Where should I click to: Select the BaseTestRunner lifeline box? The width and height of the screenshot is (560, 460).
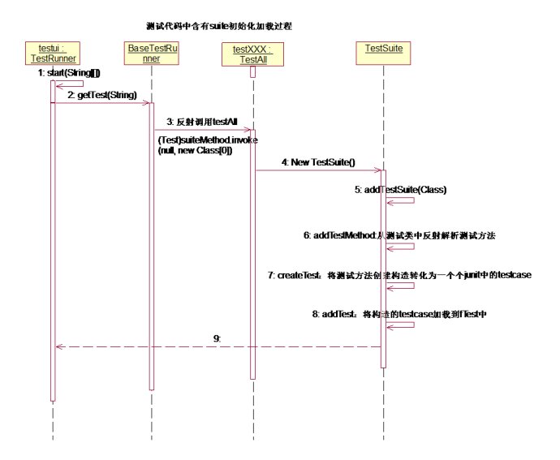click(151, 54)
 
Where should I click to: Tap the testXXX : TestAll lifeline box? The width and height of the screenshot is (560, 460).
click(251, 54)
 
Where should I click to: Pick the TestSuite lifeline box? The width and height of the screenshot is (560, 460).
click(384, 49)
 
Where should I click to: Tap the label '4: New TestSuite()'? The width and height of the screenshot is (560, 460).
click(317, 162)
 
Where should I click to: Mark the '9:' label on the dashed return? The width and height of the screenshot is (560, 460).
click(217, 337)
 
